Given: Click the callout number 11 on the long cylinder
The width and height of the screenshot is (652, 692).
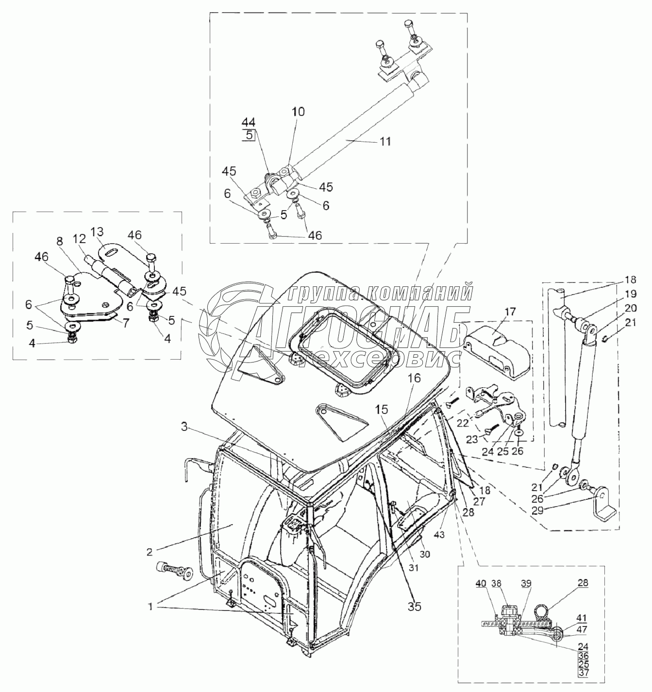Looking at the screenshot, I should [385, 142].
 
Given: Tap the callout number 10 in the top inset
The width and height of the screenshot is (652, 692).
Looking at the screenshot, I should [298, 112].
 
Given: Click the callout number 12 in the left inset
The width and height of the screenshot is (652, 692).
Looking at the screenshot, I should [80, 239].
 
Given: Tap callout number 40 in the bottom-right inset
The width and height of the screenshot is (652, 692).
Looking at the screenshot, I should [480, 584].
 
